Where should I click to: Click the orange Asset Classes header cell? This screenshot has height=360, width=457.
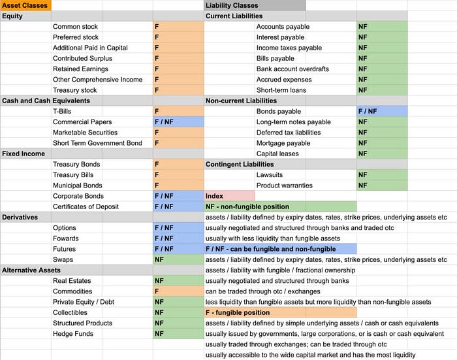[25, 5]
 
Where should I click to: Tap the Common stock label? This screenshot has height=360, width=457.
[76, 27]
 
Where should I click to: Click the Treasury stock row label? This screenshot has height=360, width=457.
[74, 90]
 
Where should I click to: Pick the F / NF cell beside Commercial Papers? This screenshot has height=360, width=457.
[178, 122]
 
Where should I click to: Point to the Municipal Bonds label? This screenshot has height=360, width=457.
[78, 186]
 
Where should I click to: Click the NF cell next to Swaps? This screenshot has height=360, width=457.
[178, 259]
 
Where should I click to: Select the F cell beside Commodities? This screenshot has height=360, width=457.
[178, 291]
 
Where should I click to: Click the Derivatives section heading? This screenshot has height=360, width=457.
[20, 217]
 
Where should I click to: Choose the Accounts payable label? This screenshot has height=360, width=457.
[283, 27]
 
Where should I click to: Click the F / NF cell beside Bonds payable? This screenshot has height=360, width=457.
[382, 112]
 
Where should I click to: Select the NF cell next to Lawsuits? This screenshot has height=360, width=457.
[382, 175]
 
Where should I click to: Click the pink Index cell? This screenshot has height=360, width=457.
[229, 196]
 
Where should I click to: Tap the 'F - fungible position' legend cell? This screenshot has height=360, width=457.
[280, 312]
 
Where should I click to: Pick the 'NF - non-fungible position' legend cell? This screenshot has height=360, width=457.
[280, 206]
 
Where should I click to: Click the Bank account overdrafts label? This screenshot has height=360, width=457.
[292, 69]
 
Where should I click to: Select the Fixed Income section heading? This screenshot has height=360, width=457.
[24, 154]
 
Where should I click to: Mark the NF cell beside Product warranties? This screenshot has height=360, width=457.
[382, 186]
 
